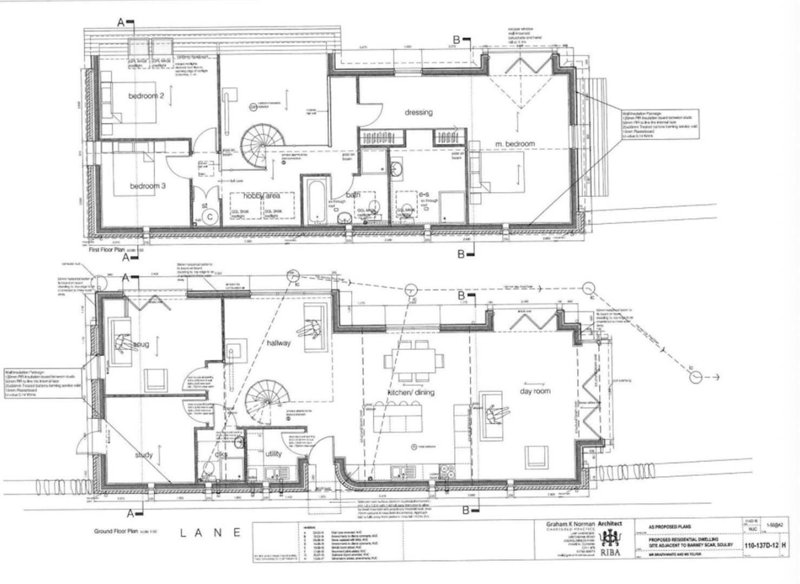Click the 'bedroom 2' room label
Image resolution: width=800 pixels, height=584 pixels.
pyautogui.click(x=146, y=96)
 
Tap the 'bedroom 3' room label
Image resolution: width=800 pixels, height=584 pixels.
pyautogui.click(x=148, y=186)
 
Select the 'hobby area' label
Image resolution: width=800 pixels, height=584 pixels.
pyautogui.click(x=261, y=196)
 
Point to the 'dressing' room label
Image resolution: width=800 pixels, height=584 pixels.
pyautogui.click(x=418, y=112)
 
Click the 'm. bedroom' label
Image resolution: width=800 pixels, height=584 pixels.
pyautogui.click(x=515, y=144)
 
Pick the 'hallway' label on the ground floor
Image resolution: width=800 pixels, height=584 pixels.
pyautogui.click(x=278, y=343)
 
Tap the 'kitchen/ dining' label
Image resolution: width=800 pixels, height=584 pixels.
pyautogui.click(x=411, y=392)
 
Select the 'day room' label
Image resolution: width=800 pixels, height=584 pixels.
pyautogui.click(x=535, y=391)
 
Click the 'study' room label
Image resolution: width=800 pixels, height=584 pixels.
pyautogui.click(x=143, y=455)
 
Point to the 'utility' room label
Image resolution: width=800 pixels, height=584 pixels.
pyautogui.click(x=273, y=454)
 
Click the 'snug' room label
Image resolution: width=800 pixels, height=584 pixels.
pyautogui.click(x=141, y=344)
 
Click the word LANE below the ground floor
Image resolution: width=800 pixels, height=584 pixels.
pyautogui.click(x=210, y=533)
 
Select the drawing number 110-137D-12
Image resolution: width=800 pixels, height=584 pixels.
pyautogui.click(x=762, y=546)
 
